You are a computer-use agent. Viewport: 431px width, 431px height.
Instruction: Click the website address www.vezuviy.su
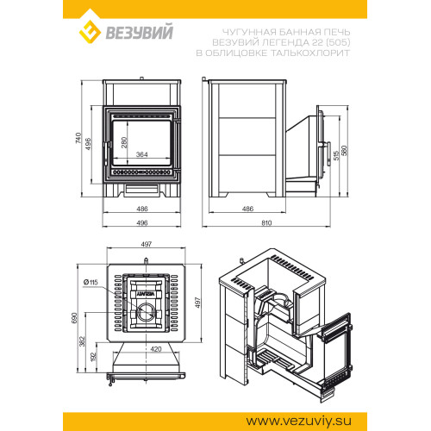(298, 421)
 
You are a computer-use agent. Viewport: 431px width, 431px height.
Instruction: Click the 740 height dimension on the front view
(78, 138)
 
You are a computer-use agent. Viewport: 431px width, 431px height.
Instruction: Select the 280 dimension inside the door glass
(124, 142)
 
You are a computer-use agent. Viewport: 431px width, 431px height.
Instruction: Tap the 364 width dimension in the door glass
(142, 154)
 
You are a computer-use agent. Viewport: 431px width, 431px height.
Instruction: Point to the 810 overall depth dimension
(266, 223)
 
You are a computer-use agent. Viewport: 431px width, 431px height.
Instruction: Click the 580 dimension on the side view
(344, 151)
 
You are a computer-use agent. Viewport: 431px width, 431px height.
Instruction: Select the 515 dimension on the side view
(336, 155)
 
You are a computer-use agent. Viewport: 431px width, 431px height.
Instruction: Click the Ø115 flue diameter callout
(91, 282)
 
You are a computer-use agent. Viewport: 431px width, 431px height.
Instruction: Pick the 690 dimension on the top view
(74, 318)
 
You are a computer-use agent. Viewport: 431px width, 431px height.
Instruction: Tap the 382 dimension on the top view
(82, 341)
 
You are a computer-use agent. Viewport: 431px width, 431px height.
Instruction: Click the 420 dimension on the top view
(156, 349)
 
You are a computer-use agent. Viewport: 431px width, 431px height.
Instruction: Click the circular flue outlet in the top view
(145, 312)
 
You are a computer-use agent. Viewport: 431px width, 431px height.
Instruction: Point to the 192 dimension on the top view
(94, 357)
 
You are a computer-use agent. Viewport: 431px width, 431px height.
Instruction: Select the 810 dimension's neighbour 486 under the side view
(247, 209)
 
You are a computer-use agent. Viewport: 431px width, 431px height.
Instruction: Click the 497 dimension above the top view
(147, 244)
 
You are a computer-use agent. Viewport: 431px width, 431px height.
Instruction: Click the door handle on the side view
(328, 154)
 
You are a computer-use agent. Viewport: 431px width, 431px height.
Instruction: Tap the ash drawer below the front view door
(141, 189)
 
